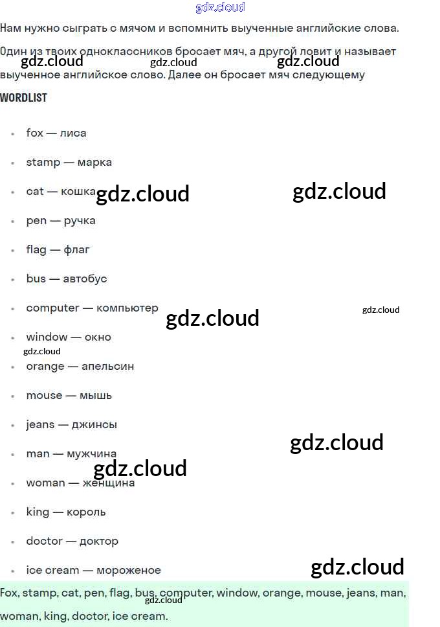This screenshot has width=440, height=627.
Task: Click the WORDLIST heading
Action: (x=23, y=98)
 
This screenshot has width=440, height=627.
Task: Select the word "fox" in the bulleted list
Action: (x=34, y=133)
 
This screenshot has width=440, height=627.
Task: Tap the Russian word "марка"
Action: (x=94, y=162)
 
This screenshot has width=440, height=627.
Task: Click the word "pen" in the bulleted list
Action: (x=36, y=221)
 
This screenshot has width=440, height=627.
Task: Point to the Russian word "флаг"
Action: (x=77, y=249)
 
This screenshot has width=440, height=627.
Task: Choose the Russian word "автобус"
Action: (x=85, y=279)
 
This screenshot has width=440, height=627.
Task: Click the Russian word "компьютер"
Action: (x=127, y=308)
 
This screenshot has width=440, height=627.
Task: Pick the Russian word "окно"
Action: (x=97, y=337)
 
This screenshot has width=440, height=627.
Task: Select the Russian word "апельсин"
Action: (x=108, y=366)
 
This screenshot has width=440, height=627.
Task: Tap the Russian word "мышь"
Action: (x=96, y=395)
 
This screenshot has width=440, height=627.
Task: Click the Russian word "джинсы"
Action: (x=95, y=424)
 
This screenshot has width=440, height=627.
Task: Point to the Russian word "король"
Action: (x=86, y=512)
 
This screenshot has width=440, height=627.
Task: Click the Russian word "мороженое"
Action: (x=129, y=570)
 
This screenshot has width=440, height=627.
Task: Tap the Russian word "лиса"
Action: (x=73, y=133)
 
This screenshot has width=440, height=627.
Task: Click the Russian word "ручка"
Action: (x=80, y=221)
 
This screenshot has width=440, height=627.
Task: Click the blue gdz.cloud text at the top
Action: (x=220, y=7)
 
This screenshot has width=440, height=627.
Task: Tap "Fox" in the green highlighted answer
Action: (x=9, y=593)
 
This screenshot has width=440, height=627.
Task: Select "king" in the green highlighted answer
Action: (x=55, y=616)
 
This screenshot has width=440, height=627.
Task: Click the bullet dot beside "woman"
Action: (x=12, y=483)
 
